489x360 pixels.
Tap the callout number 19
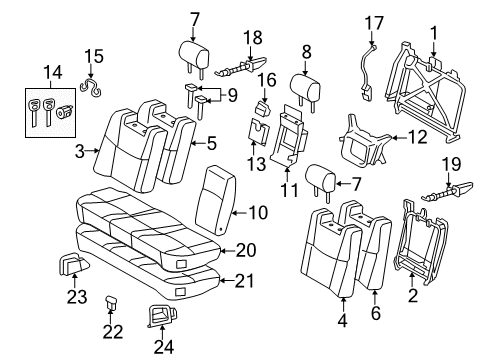click(450, 162)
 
